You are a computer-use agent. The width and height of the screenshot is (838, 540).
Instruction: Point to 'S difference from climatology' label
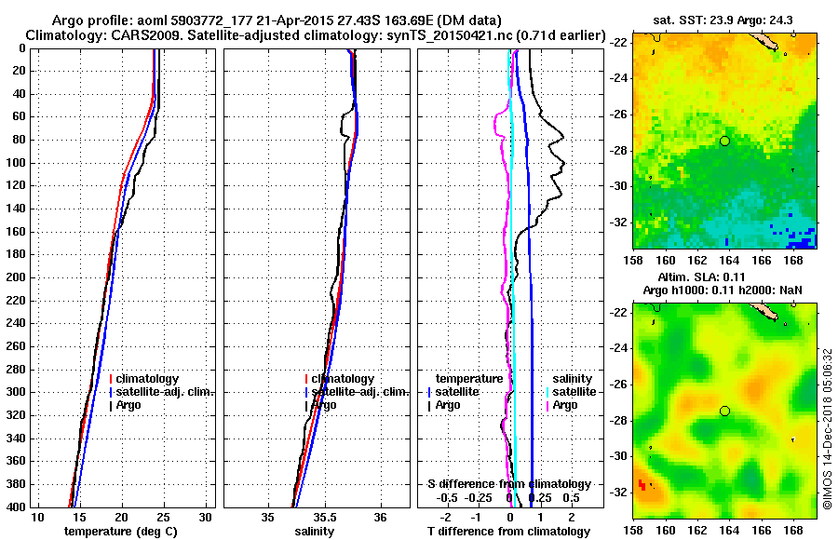[508, 484]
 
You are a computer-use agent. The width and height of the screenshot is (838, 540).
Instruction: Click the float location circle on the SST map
[724, 141]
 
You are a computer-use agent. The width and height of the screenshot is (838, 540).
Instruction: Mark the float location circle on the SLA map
[724, 411]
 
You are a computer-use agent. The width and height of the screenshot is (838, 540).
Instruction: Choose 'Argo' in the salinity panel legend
[326, 405]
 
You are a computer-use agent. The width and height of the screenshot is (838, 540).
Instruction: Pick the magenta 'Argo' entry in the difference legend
[566, 405]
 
